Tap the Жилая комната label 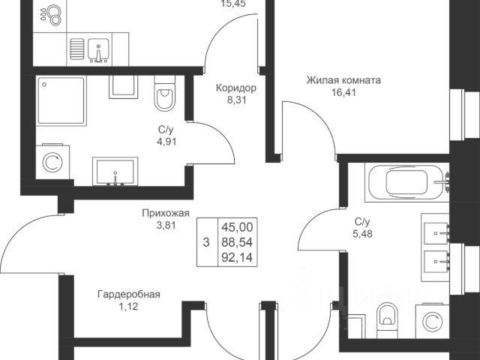tap(343, 79)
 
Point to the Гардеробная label tap(128, 294)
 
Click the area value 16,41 tap(343, 94)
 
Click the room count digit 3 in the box tap(206, 242)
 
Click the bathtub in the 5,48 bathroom tap(405, 182)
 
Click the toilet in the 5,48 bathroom tap(388, 319)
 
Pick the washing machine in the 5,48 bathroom tap(432, 321)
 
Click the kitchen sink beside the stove tap(97, 50)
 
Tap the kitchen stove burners tap(55, 16)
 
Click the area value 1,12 tap(128, 307)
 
